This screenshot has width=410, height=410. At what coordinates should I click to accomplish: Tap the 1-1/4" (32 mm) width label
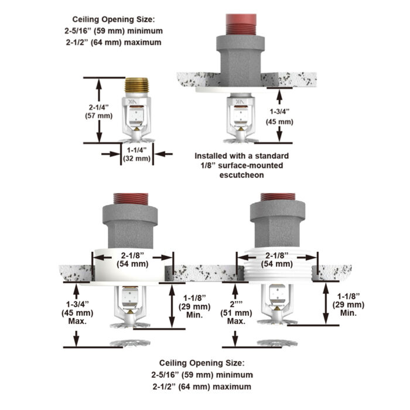point(139,154)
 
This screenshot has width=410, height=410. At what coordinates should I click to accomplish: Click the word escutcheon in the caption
point(241,175)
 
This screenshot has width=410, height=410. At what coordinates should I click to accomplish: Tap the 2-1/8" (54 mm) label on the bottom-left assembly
point(133,260)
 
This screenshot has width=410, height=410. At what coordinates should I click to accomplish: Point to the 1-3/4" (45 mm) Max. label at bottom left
point(74,313)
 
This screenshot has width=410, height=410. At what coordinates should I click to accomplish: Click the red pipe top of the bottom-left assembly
point(133,199)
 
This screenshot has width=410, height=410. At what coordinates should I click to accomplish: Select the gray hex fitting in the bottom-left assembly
point(133,226)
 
